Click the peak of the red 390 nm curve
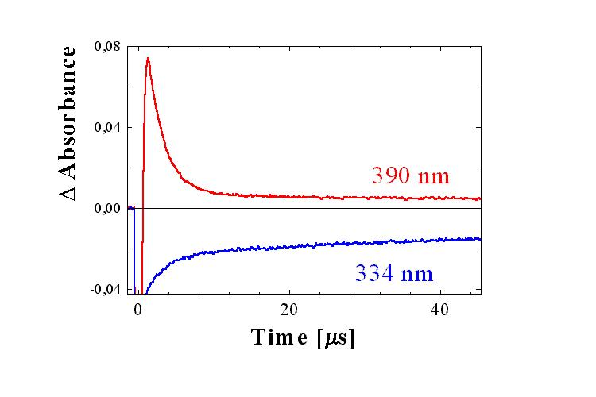tap(148, 58)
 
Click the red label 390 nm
tap(411, 175)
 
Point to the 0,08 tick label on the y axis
tap(107, 46)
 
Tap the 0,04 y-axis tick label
tap(107, 127)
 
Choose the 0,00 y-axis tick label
tap(107, 208)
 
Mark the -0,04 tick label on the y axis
tap(106, 289)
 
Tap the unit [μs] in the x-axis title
tap(336, 337)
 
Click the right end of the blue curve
tap(480, 239)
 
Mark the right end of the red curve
tap(480, 198)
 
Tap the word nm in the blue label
tap(418, 276)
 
